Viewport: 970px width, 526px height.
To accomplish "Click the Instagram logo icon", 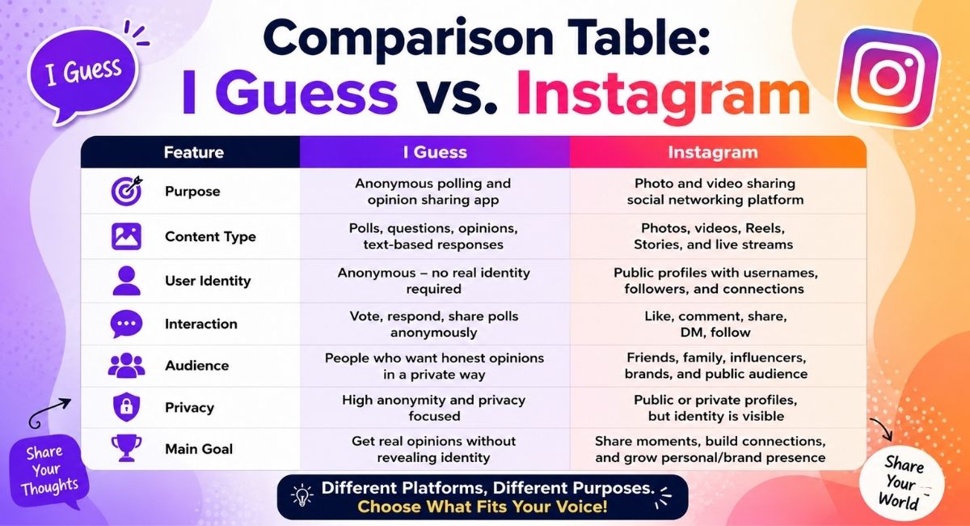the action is click(x=888, y=78).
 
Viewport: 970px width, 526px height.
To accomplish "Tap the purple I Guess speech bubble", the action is click(x=82, y=74).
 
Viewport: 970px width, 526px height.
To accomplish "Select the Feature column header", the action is click(x=193, y=152).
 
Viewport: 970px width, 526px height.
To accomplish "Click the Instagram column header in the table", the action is click(x=713, y=152).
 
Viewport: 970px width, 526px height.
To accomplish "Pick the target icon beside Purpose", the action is click(x=126, y=190).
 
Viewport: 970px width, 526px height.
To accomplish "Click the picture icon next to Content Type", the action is click(x=126, y=236).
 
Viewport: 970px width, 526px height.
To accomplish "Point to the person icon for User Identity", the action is click(x=126, y=281).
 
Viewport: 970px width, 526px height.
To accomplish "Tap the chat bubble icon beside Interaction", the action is click(x=126, y=324).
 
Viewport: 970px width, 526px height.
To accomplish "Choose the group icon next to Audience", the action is click(x=126, y=365).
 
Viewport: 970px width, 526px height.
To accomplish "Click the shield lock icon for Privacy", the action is click(x=126, y=407).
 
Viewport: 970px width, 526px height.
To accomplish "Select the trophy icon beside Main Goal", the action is click(x=126, y=448).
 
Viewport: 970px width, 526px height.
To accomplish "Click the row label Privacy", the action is click(x=189, y=408).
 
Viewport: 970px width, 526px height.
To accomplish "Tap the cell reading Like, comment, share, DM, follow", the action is click(x=715, y=324).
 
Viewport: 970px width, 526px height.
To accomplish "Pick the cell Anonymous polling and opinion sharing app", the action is click(x=433, y=191).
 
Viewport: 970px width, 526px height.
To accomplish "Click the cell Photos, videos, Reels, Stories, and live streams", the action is click(x=713, y=236).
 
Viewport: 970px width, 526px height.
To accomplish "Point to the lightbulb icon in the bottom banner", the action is click(x=302, y=495).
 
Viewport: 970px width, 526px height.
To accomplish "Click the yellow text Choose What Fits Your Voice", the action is click(x=483, y=507).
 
